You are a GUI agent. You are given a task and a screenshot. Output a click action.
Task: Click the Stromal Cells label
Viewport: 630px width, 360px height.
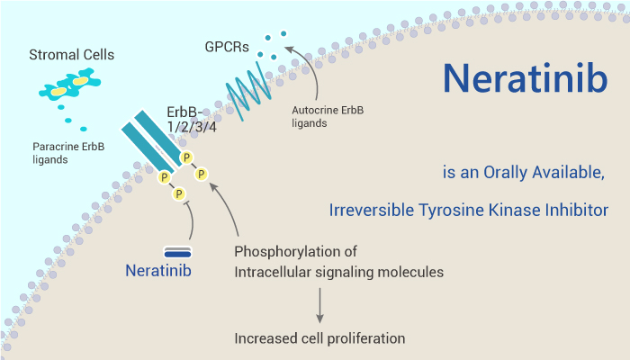click(x=71, y=55)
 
